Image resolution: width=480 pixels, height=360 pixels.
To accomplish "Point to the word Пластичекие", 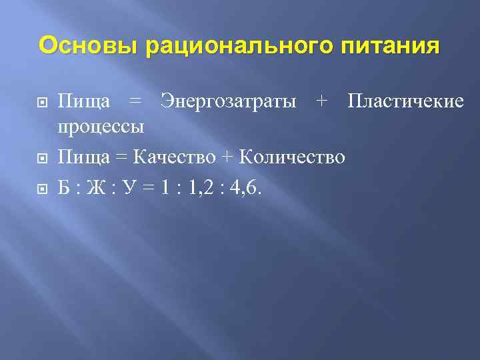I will pos(405,101).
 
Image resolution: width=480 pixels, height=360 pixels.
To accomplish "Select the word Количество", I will pos(292,158).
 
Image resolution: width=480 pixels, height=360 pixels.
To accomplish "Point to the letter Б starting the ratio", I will pos(64,189).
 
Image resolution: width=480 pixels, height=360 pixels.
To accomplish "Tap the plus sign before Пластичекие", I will pos(323,101).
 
